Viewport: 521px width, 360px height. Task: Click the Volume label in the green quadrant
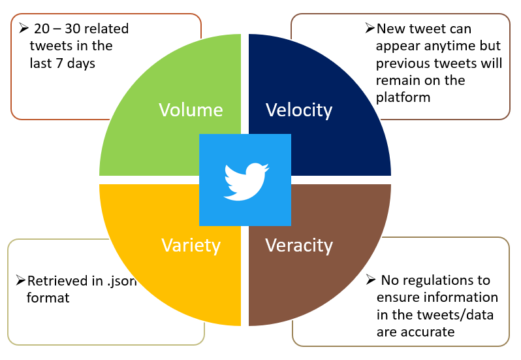pos(191,110)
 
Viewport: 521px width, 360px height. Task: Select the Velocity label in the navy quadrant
pos(298,110)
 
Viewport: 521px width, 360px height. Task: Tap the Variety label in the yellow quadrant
pos(191,245)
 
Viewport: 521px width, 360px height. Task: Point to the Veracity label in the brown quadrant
pos(299,245)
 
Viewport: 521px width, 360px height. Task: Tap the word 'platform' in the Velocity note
pos(402,97)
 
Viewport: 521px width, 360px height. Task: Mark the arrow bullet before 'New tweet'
pos(370,29)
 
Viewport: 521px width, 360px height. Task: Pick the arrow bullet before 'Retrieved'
pos(21,281)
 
